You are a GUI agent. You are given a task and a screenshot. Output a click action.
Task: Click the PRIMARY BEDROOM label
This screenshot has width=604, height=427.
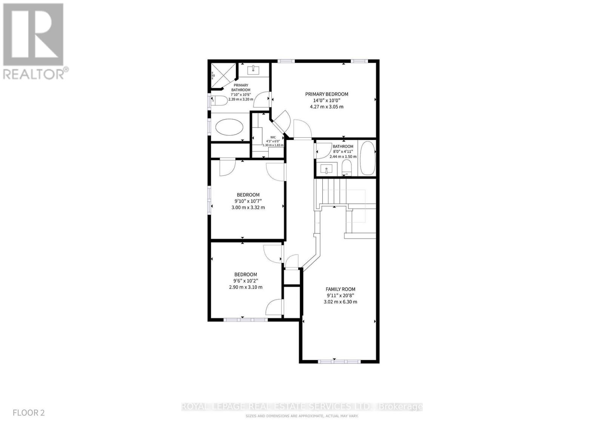(327, 94)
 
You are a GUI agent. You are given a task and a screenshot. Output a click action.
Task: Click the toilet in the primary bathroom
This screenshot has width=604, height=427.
(220, 100)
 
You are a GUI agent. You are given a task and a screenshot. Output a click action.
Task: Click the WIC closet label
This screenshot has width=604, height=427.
(273, 137)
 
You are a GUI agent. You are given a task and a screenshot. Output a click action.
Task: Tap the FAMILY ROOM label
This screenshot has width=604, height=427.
(341, 289)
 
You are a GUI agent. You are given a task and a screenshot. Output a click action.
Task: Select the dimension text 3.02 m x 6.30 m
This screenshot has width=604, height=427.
(341, 302)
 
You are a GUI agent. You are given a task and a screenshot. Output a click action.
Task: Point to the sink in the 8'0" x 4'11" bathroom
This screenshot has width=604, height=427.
(324, 169)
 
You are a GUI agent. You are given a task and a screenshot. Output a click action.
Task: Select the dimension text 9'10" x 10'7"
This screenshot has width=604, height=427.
(248, 201)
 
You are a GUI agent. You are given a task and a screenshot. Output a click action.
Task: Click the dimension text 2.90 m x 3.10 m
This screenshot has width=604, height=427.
(245, 287)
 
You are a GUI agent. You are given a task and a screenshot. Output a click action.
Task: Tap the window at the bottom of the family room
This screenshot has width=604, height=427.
(339, 361)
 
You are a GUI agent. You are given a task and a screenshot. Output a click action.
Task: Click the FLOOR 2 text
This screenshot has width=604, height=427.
(29, 413)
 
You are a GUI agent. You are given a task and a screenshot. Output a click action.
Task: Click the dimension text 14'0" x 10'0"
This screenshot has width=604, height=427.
(327, 101)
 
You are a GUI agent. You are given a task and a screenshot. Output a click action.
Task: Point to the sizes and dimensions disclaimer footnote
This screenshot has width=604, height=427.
(302, 416)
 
